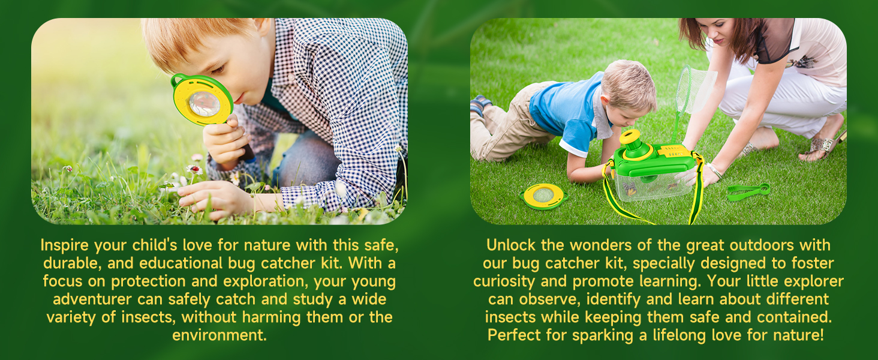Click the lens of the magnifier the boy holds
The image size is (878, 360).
click(x=204, y=103)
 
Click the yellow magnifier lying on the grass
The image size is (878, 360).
click(x=543, y=196)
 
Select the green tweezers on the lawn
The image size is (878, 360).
click(x=748, y=191)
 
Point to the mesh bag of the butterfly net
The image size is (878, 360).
click(x=696, y=90)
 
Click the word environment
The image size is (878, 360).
click(x=219, y=335)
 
